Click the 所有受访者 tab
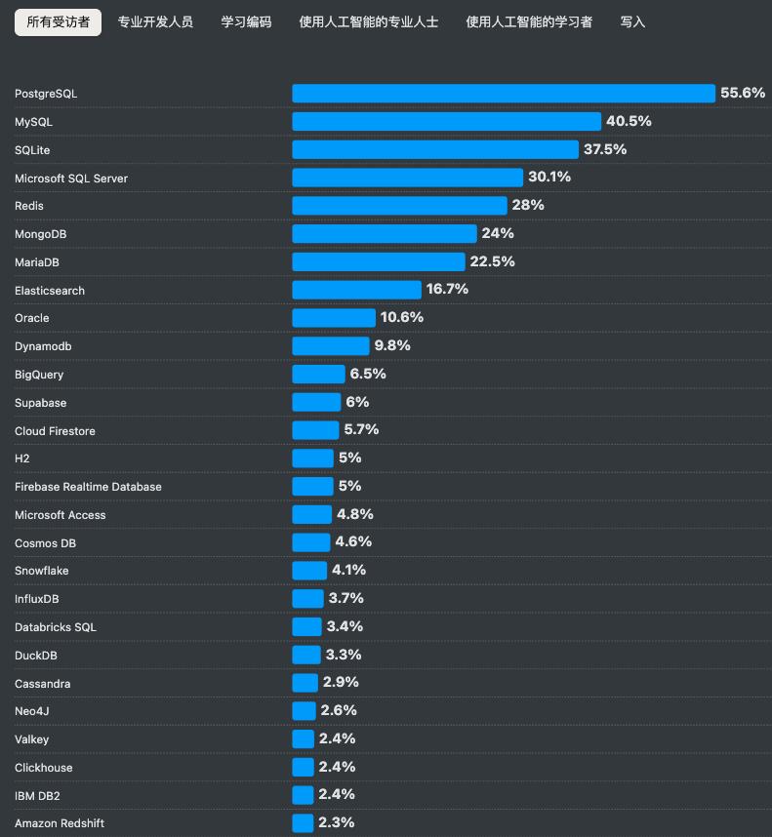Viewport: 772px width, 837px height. tap(58, 21)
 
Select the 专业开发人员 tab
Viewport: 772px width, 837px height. tap(155, 21)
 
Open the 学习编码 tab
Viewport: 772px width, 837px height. tap(246, 21)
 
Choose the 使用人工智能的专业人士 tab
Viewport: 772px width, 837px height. tap(369, 21)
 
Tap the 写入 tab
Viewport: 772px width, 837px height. tap(632, 21)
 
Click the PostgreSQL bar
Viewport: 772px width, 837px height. tap(504, 94)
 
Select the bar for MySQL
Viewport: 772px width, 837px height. tap(446, 122)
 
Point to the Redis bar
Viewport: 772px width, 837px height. tap(399, 206)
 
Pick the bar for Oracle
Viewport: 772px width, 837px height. tap(334, 318)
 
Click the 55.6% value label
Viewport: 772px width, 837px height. tap(743, 94)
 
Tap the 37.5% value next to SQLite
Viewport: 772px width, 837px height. tap(605, 149)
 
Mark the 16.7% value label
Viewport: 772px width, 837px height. tap(447, 290)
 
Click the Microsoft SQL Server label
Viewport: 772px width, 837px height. tap(71, 179)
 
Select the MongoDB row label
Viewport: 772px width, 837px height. tap(41, 234)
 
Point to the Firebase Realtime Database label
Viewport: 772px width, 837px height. tap(88, 487)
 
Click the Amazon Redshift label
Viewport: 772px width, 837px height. tap(60, 823)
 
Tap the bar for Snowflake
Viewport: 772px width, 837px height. tap(309, 571)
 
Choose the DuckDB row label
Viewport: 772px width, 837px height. tap(36, 656)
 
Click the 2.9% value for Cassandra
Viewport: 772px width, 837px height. tap(341, 683)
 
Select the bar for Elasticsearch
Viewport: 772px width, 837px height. tap(356, 290)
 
